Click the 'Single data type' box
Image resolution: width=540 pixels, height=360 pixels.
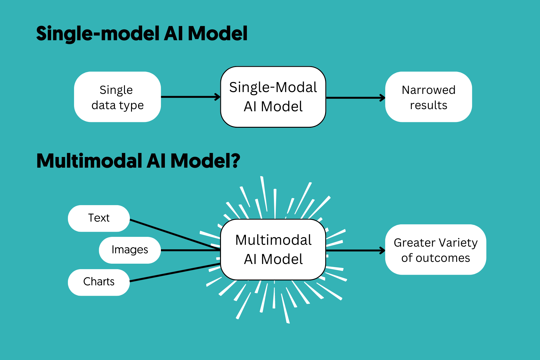pos(117,97)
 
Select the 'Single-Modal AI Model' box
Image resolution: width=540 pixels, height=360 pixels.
pos(273,97)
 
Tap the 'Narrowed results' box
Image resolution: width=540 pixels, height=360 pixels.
pos(428,97)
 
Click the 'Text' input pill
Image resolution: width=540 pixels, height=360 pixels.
pos(99,218)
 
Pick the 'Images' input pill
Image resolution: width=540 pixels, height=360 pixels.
pos(130,250)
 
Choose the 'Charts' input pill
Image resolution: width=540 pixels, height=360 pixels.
pos(99,282)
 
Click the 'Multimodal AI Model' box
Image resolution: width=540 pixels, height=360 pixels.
pos(273,249)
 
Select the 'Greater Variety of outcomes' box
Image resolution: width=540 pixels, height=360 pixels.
pos(435,250)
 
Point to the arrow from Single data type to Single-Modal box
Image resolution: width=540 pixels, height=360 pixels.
pos(190,97)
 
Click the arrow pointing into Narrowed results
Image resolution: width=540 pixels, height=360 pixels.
pos(355,98)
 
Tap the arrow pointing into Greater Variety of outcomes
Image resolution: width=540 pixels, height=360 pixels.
pos(355,251)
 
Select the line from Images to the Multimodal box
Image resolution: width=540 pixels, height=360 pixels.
pos(190,250)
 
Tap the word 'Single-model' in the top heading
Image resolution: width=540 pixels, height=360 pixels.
pos(98,34)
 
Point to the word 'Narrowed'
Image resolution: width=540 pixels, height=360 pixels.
pos(428,90)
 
